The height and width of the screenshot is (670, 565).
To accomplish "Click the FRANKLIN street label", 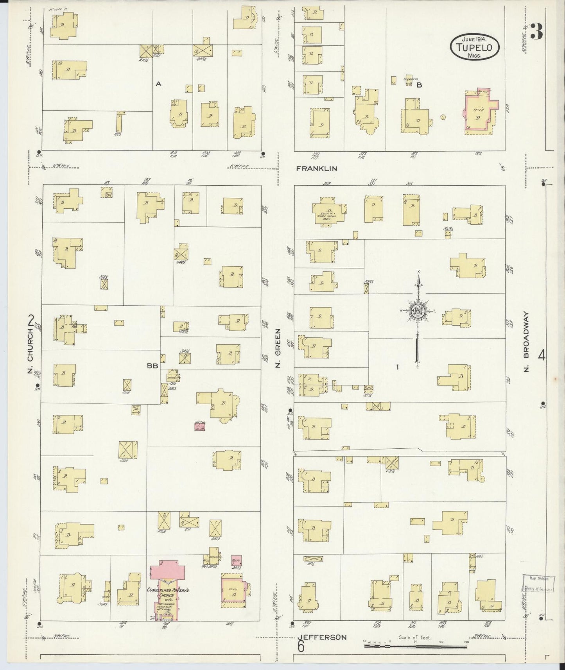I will (x=316, y=168).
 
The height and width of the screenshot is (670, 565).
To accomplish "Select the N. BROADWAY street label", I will (x=527, y=342).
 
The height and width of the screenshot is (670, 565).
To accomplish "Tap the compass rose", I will (x=418, y=311).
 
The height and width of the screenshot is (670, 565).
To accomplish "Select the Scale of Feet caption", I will (x=414, y=638).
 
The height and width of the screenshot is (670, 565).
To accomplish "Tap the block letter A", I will (x=158, y=83).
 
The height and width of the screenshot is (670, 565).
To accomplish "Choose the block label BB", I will (x=152, y=366).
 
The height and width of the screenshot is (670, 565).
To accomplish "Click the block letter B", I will (x=419, y=85).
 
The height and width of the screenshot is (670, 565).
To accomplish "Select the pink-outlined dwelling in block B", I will (x=481, y=112).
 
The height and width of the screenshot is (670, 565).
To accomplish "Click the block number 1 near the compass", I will (x=397, y=367).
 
